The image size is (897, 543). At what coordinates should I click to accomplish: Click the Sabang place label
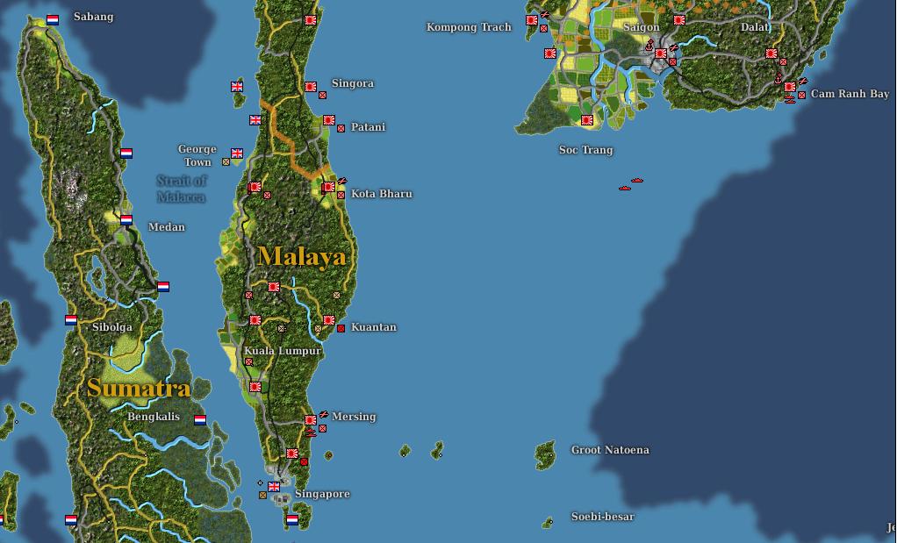(93, 17)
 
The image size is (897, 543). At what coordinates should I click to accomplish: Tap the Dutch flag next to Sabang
(53, 19)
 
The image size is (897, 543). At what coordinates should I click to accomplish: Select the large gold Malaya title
(302, 256)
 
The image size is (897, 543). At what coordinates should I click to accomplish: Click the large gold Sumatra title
(139, 388)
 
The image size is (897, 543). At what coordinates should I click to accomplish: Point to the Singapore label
(322, 494)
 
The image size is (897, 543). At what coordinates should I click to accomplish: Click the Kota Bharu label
(381, 194)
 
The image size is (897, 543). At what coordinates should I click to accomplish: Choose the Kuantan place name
(374, 327)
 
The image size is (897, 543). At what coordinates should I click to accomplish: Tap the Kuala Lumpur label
(283, 351)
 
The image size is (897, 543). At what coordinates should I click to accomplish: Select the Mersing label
(354, 417)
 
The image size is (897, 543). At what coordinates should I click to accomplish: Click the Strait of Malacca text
(182, 189)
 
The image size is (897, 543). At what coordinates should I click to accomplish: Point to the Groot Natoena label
(610, 450)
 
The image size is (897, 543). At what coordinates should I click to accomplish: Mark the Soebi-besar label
(602, 517)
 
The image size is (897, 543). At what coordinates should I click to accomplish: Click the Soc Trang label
(585, 150)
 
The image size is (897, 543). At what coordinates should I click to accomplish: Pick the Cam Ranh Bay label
(850, 94)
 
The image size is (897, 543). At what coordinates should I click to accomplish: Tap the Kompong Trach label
(469, 27)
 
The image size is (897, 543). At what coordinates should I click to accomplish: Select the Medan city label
(167, 227)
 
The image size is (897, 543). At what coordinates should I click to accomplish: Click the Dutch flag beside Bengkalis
(200, 419)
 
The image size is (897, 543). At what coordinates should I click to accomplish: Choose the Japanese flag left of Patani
(328, 121)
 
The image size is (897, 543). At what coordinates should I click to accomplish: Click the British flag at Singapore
(274, 487)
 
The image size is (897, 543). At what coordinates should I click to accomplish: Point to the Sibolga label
(112, 327)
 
